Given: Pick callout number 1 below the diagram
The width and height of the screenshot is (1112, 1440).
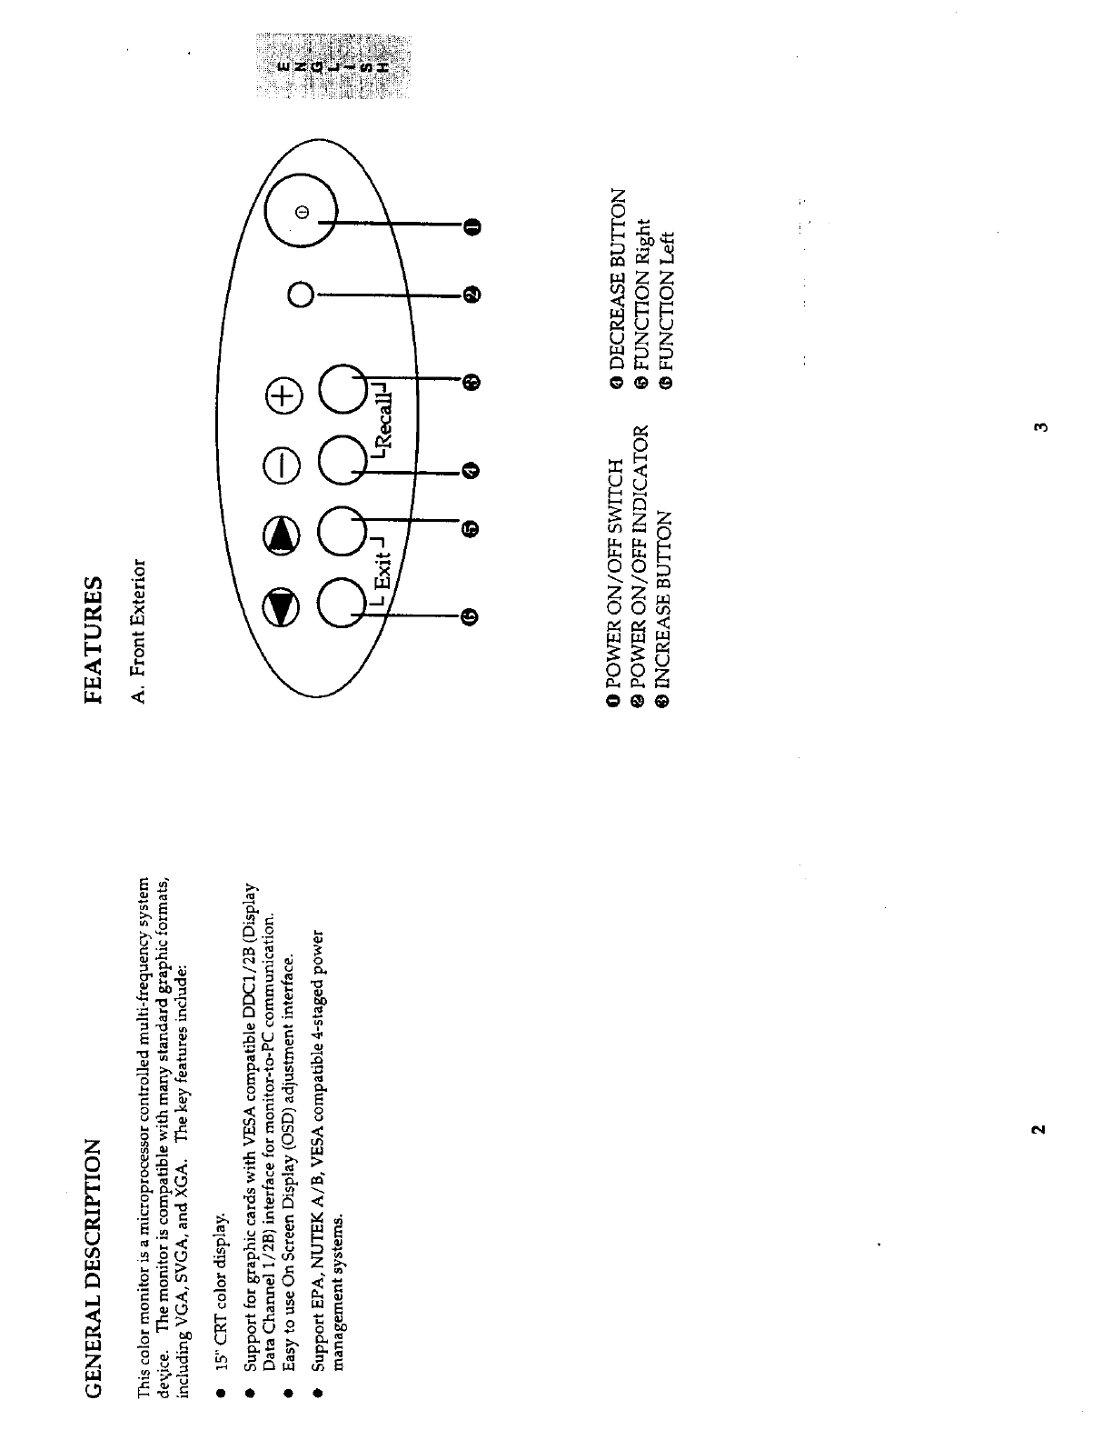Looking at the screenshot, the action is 472,225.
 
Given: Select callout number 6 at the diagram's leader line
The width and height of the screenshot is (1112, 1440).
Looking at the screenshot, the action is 470,617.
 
